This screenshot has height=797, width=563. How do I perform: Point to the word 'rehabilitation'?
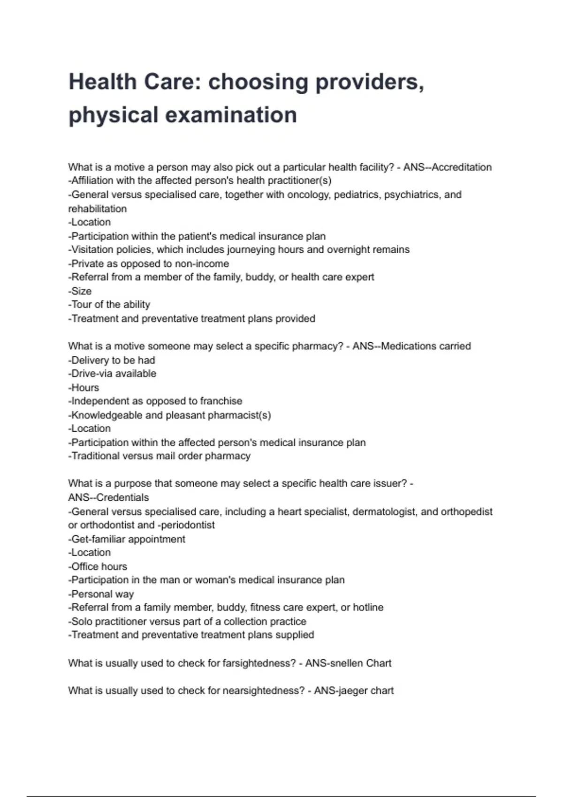98,209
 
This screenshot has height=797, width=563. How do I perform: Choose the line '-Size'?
80,291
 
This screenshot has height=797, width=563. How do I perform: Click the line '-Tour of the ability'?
109,305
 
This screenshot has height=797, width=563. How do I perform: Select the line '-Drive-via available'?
112,374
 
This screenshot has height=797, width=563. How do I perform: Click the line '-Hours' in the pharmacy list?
84,388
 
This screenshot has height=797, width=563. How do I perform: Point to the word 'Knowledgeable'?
104,415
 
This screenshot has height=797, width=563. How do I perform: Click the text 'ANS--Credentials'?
108,497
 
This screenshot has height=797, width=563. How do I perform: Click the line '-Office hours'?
98,566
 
